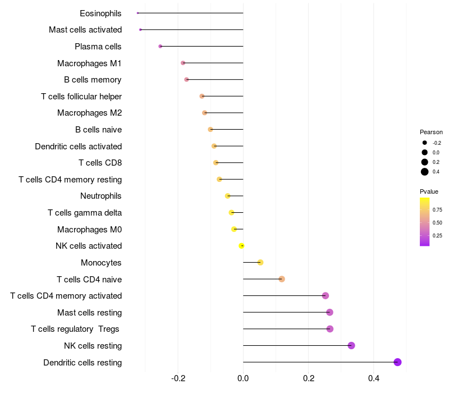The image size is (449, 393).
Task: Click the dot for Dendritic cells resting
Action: [x=397, y=362]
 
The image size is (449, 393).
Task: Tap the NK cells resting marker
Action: [x=351, y=345]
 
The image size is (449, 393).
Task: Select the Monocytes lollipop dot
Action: [x=260, y=262]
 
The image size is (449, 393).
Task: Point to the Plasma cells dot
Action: [x=160, y=46]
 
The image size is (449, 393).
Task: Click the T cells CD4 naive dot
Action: [x=282, y=279]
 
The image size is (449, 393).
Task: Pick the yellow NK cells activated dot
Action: [x=241, y=246]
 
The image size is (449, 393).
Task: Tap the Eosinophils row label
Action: [x=100, y=13]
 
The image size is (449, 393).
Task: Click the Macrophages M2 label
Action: [x=89, y=113]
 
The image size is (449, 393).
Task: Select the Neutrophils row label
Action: [x=101, y=196]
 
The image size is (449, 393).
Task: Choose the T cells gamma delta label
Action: [x=85, y=213]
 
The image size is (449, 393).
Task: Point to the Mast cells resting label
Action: [x=89, y=312]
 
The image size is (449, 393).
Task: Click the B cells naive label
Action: [x=98, y=130]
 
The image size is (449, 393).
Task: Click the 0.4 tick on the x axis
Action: [x=373, y=378]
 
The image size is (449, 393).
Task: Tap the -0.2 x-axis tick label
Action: [x=178, y=378]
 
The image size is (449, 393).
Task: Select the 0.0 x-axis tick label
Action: [x=243, y=378]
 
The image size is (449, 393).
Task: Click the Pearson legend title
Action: [x=431, y=132]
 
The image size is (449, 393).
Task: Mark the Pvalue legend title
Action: [x=429, y=191]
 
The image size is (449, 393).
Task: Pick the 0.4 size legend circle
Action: [x=425, y=172]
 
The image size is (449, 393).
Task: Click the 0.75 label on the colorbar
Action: [x=437, y=209]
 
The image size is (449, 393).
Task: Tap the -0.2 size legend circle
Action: [x=425, y=143]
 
